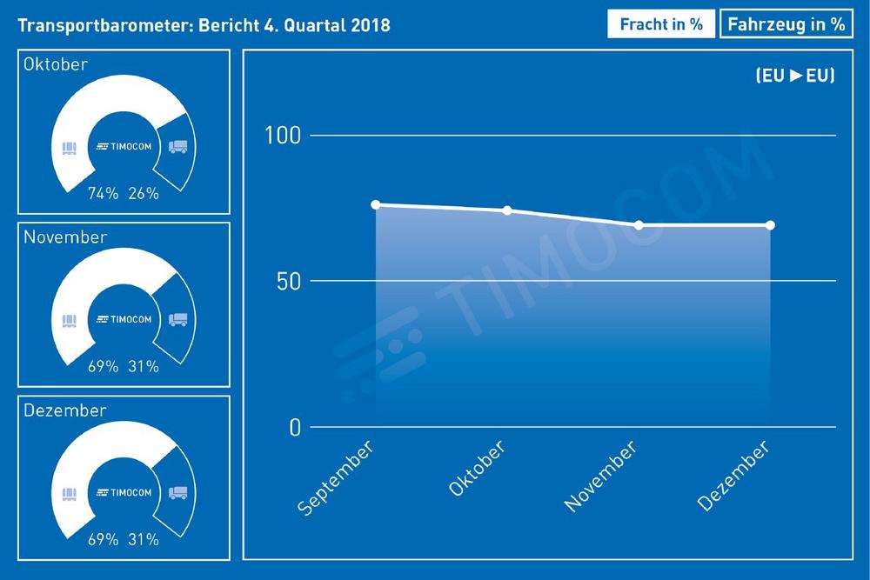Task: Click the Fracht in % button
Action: (661, 24)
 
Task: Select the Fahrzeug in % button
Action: (786, 24)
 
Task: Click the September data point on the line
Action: (376, 205)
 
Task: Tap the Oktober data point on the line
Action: (507, 210)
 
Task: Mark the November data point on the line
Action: (639, 225)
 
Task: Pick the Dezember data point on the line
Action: (770, 225)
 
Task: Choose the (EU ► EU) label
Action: (795, 76)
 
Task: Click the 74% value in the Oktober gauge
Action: (103, 194)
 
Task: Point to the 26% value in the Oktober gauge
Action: (144, 194)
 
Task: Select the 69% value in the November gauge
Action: (103, 367)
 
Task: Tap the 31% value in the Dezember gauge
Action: (144, 540)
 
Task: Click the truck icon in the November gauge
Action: (177, 319)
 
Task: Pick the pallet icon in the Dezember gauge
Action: (69, 493)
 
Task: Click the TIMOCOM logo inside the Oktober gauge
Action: (124, 146)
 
